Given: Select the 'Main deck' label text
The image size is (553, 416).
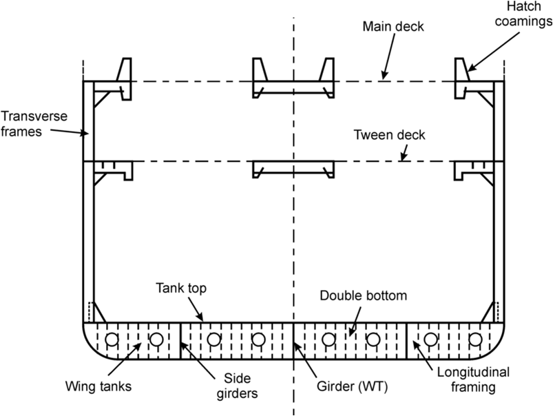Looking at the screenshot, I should click(x=393, y=27).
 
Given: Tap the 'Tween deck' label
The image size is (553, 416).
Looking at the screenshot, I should click(x=389, y=135).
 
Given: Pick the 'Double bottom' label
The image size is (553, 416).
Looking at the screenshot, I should click(x=364, y=295).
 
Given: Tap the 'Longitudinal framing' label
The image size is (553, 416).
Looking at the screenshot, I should click(x=474, y=379).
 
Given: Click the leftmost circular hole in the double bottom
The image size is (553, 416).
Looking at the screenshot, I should click(x=112, y=339).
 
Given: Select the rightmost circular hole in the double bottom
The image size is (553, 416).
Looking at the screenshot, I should click(x=475, y=339).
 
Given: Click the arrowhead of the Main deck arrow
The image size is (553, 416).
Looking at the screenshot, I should click(x=383, y=77).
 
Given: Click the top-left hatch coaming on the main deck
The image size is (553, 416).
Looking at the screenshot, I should click(x=124, y=76).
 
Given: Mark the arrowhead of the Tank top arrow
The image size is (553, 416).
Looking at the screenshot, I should click(x=204, y=321).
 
